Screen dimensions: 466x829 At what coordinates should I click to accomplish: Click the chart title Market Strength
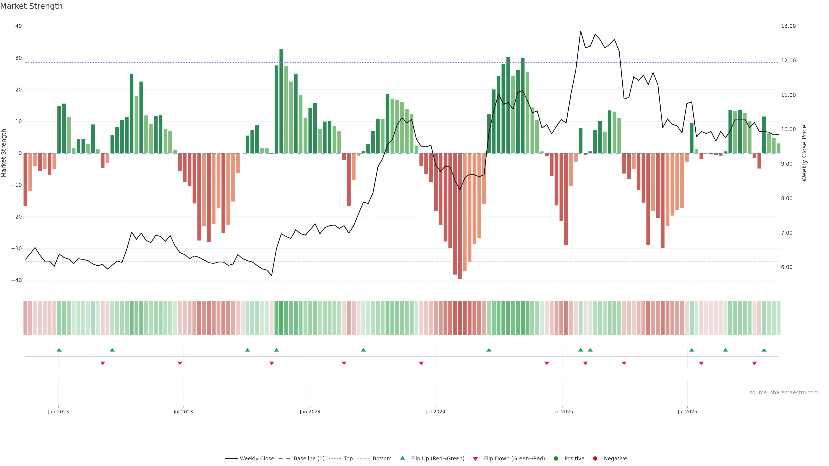[x=31, y=6]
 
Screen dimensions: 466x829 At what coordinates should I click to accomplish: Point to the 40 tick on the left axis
[x=18, y=26]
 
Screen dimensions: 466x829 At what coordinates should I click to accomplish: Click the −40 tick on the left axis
[x=16, y=280]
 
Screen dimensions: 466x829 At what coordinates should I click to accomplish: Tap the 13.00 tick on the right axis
[x=788, y=26]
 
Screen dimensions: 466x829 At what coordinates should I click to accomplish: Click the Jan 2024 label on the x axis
[x=310, y=412]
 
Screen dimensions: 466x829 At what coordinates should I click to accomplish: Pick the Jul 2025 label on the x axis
[x=687, y=412]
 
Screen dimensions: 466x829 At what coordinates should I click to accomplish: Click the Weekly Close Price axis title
[x=804, y=153]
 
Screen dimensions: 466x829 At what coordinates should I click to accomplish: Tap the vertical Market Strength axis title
[x=4, y=153]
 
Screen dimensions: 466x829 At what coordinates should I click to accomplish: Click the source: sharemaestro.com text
[x=784, y=393]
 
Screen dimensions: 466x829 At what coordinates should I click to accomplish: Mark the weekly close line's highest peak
[x=581, y=31]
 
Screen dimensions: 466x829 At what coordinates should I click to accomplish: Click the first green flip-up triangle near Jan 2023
[x=59, y=350]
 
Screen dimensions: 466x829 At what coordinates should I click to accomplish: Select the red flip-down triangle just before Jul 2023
[x=180, y=363]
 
